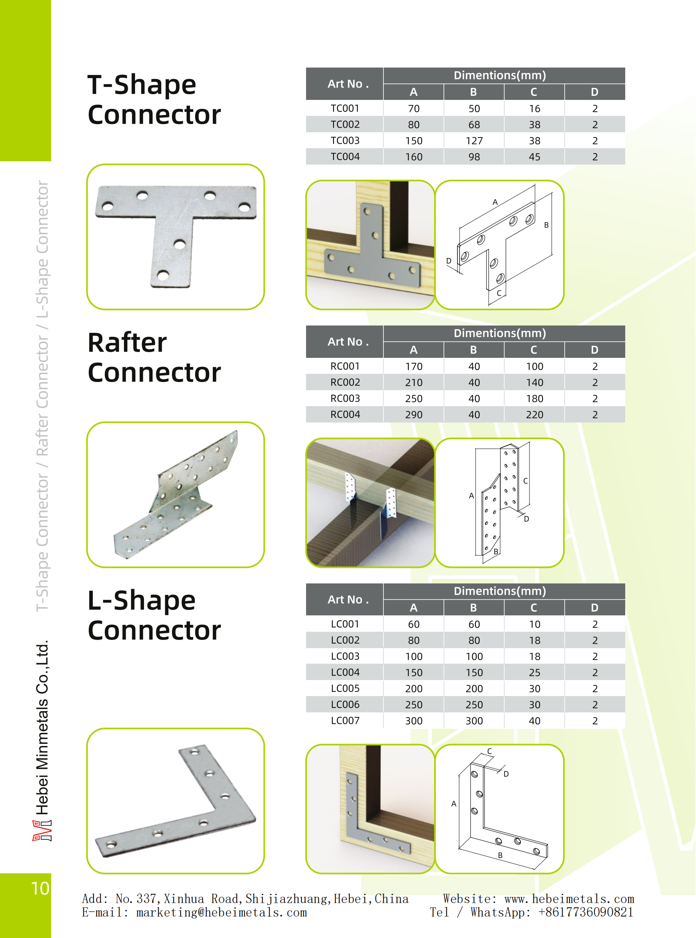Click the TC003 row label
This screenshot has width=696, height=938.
(x=345, y=140)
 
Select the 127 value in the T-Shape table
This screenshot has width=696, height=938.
(x=474, y=141)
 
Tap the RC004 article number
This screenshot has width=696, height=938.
(x=345, y=414)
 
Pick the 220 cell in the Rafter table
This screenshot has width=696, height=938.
(x=534, y=415)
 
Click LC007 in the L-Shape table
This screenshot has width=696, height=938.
(x=345, y=721)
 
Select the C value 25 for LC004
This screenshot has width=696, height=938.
(x=534, y=672)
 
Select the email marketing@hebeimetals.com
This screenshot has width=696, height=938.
(x=221, y=912)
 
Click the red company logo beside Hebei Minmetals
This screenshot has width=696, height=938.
(x=42, y=830)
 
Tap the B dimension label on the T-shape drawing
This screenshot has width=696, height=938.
(x=546, y=225)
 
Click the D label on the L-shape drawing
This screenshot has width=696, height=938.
(x=506, y=774)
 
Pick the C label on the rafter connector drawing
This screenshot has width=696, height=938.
(x=525, y=481)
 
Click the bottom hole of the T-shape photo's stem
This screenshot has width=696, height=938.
(x=162, y=276)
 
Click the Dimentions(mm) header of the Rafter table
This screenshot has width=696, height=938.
(x=500, y=333)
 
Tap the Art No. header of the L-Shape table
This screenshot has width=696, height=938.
(x=348, y=599)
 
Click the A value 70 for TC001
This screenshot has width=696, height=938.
(x=413, y=109)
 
